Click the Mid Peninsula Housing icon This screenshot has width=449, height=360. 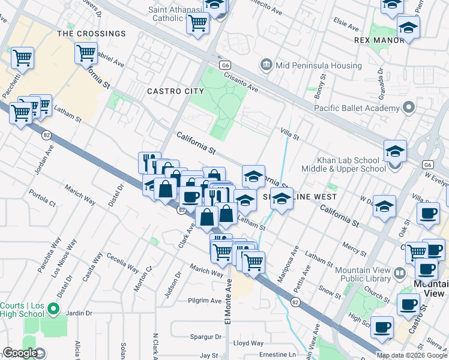pos(265,64)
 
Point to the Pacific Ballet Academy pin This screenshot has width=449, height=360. pos(409,108)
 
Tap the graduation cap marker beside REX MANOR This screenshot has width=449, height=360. pos(408,28)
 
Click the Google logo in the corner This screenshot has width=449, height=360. pos(20,353)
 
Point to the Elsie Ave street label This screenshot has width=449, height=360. pos(346,27)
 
